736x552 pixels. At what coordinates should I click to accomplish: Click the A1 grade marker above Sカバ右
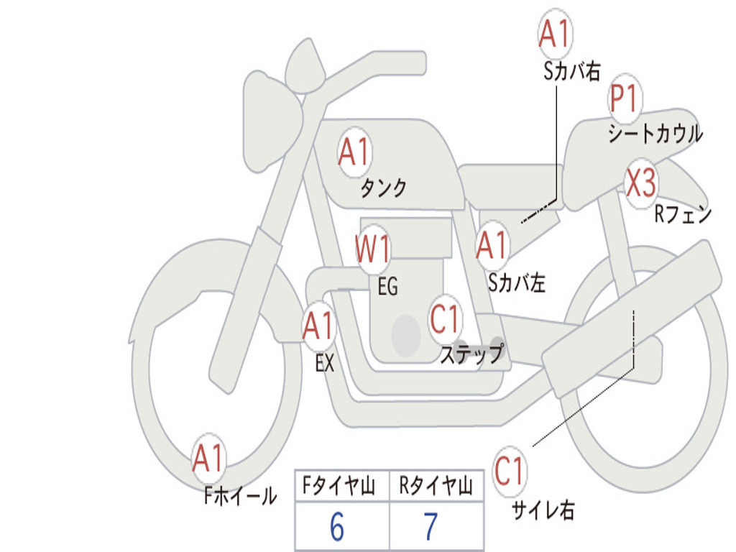click(x=556, y=33)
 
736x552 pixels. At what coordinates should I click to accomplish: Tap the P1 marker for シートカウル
click(x=625, y=99)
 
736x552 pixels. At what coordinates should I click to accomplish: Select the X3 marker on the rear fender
click(x=641, y=183)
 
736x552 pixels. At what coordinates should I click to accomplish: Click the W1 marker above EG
click(x=373, y=248)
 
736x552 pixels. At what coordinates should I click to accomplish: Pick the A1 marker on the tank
click(x=355, y=152)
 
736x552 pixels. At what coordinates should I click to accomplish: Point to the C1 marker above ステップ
click(x=445, y=319)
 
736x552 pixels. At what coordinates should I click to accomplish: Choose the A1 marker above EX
click(x=319, y=326)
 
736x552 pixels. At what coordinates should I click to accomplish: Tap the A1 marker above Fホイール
click(x=209, y=458)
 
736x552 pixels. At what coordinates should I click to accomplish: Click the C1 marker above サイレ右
click(x=509, y=471)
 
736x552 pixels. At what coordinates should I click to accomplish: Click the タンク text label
click(x=384, y=188)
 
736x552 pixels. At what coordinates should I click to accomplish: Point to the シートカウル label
click(x=655, y=134)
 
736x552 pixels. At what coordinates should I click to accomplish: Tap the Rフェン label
click(x=684, y=214)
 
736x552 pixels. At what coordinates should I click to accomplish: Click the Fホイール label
click(x=240, y=496)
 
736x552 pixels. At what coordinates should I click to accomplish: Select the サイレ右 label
click(x=543, y=510)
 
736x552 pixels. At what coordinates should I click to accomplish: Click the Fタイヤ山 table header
click(x=339, y=486)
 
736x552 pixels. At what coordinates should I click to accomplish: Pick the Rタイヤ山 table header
click(x=436, y=486)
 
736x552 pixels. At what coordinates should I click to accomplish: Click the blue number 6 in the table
click(x=337, y=527)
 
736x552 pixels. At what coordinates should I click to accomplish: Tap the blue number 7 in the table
click(x=431, y=527)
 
